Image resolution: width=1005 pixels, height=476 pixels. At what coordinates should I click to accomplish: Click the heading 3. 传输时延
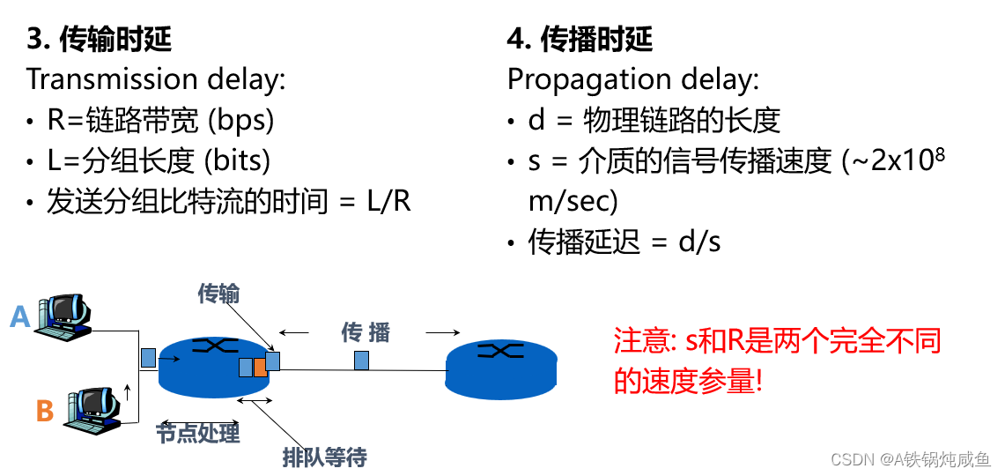pos(99,39)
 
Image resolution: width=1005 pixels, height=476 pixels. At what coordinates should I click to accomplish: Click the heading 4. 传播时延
pos(580,39)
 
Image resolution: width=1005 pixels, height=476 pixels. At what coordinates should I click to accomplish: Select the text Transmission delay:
pos(156,79)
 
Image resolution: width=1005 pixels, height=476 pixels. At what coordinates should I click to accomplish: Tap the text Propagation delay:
pos(632,79)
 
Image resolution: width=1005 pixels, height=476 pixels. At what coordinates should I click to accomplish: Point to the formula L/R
pos(388,201)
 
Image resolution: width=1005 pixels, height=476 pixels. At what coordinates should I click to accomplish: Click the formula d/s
pos(699,242)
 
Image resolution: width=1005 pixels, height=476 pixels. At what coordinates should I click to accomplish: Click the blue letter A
pos(20,316)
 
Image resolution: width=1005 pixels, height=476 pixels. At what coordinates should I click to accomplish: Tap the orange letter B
pos(45,411)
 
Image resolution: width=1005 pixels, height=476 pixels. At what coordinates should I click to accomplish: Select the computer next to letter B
pos(92,409)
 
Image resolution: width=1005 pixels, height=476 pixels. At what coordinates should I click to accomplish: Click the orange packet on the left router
pos(260,367)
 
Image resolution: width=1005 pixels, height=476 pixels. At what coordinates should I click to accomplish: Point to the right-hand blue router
pos(501,367)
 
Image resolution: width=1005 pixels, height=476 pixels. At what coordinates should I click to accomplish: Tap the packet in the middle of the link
pos(361,360)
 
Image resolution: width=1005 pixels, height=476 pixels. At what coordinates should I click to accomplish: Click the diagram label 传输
pos(218,294)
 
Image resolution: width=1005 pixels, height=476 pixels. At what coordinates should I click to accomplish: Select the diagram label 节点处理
pos(198,433)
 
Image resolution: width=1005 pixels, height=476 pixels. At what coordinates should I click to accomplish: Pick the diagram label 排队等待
pos(324,457)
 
